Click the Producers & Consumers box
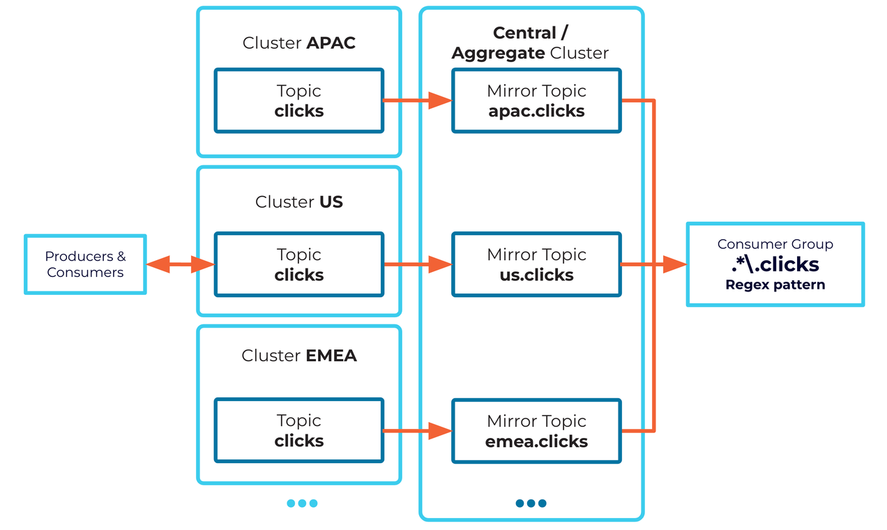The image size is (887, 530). [85, 264]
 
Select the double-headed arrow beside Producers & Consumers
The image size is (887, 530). [181, 264]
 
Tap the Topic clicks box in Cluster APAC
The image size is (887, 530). [299, 100]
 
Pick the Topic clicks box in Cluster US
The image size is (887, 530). [299, 264]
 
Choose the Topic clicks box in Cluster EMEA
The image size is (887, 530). [299, 430]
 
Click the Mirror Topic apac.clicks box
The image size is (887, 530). [536, 100]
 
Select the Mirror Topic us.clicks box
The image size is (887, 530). [536, 264]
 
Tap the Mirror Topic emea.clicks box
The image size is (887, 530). [536, 431]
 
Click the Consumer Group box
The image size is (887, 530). [775, 264]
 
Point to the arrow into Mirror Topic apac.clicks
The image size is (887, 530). [418, 100]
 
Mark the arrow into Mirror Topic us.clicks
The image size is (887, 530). [418, 264]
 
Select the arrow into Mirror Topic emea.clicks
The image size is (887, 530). [418, 431]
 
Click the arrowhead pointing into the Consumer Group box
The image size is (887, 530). [674, 264]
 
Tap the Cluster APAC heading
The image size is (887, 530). [299, 43]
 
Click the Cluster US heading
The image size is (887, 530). [299, 202]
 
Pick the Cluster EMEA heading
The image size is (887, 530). [299, 356]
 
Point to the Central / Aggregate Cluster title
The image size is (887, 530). [530, 43]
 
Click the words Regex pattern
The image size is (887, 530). [775, 285]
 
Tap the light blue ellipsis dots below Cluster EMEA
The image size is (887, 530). [302, 503]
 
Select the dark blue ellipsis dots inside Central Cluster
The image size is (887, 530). [531, 503]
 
